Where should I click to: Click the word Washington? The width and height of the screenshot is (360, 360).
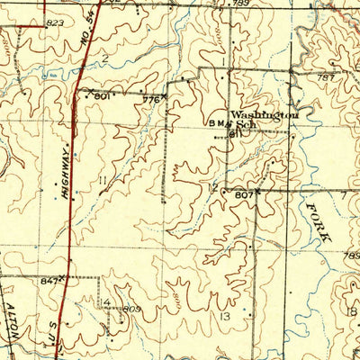point(262,115)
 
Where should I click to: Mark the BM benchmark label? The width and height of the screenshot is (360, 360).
point(217,126)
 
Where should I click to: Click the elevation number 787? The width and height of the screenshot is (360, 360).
point(326,78)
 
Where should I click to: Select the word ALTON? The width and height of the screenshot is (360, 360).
point(13,312)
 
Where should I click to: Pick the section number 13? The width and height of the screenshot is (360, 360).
point(223,317)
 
